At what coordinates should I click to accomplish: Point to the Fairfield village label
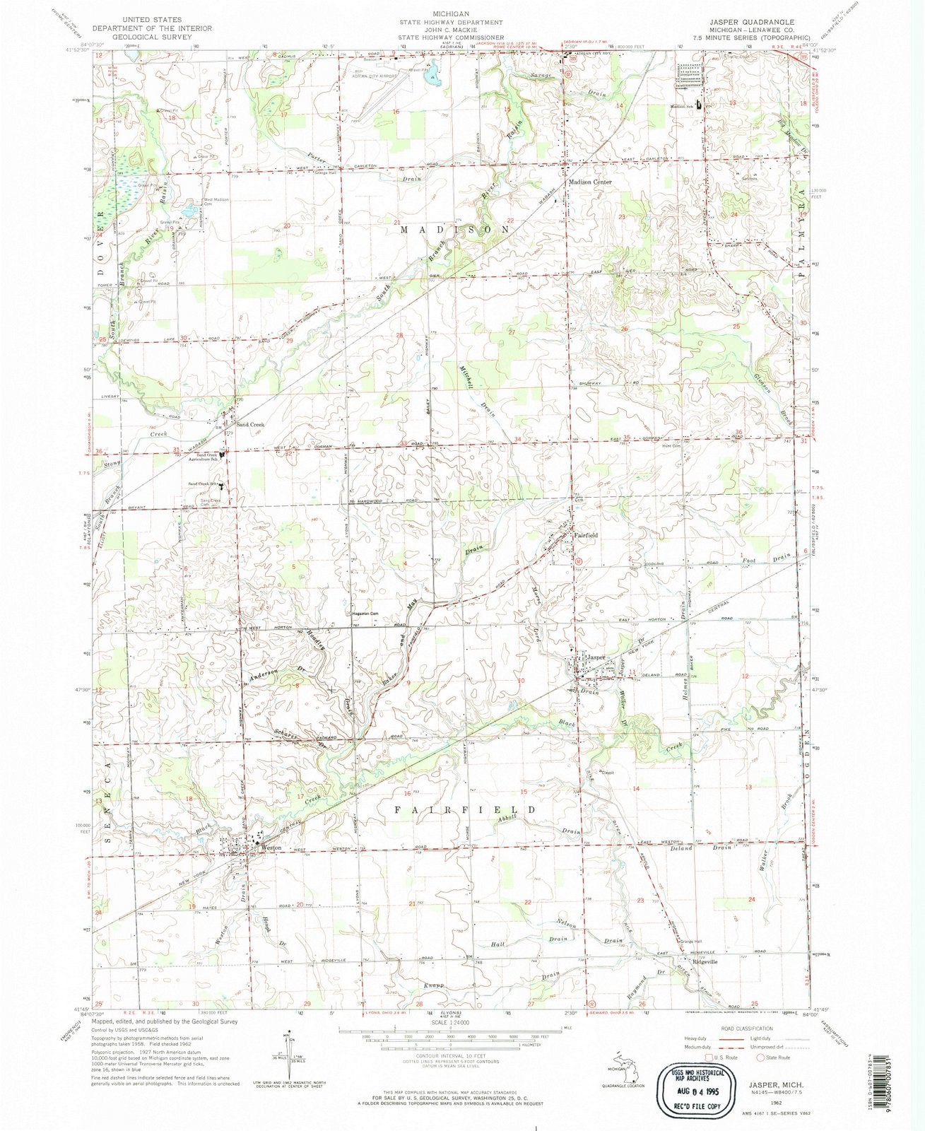click(587, 535)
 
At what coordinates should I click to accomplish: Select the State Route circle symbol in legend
click(761, 1058)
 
